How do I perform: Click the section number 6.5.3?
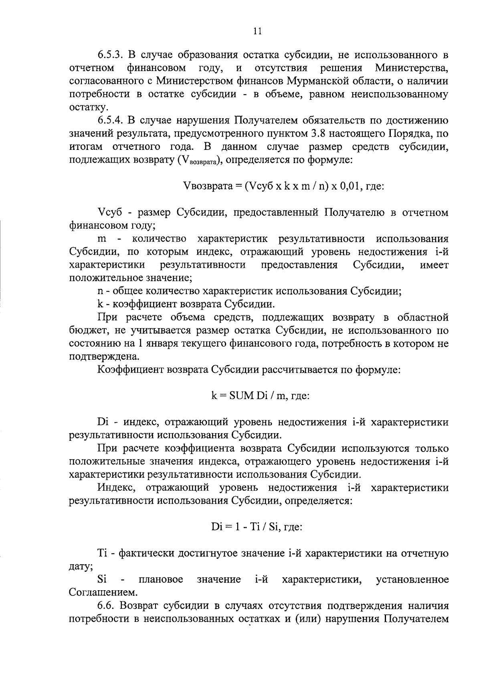(113, 54)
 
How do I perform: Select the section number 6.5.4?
(113, 120)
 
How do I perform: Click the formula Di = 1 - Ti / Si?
(256, 527)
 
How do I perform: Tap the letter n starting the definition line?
(99, 291)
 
